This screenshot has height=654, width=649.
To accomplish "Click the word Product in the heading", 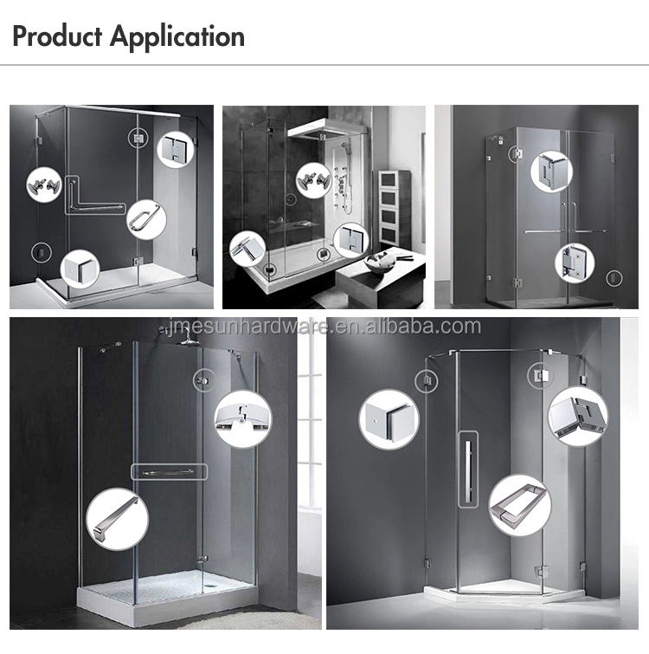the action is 57,36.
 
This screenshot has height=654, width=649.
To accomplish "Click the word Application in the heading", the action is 177,37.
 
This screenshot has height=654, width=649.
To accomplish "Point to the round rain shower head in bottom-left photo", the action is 186,341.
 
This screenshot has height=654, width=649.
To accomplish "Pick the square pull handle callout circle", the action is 519,505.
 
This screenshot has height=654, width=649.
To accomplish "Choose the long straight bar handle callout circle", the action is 118,519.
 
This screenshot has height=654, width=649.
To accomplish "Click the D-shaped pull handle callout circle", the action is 145,220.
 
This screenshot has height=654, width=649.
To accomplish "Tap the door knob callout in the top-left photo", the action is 44,185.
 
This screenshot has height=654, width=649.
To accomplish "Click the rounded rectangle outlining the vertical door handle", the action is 468,469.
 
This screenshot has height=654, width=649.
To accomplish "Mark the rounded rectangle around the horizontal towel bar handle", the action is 169,472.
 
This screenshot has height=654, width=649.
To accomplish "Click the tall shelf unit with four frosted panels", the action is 395,208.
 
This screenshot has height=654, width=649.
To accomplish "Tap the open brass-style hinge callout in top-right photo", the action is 575,262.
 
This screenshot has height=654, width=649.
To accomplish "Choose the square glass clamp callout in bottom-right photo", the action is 389,419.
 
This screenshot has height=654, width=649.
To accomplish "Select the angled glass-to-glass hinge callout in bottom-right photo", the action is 578,417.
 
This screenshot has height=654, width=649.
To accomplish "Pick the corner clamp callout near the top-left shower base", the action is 80,269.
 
